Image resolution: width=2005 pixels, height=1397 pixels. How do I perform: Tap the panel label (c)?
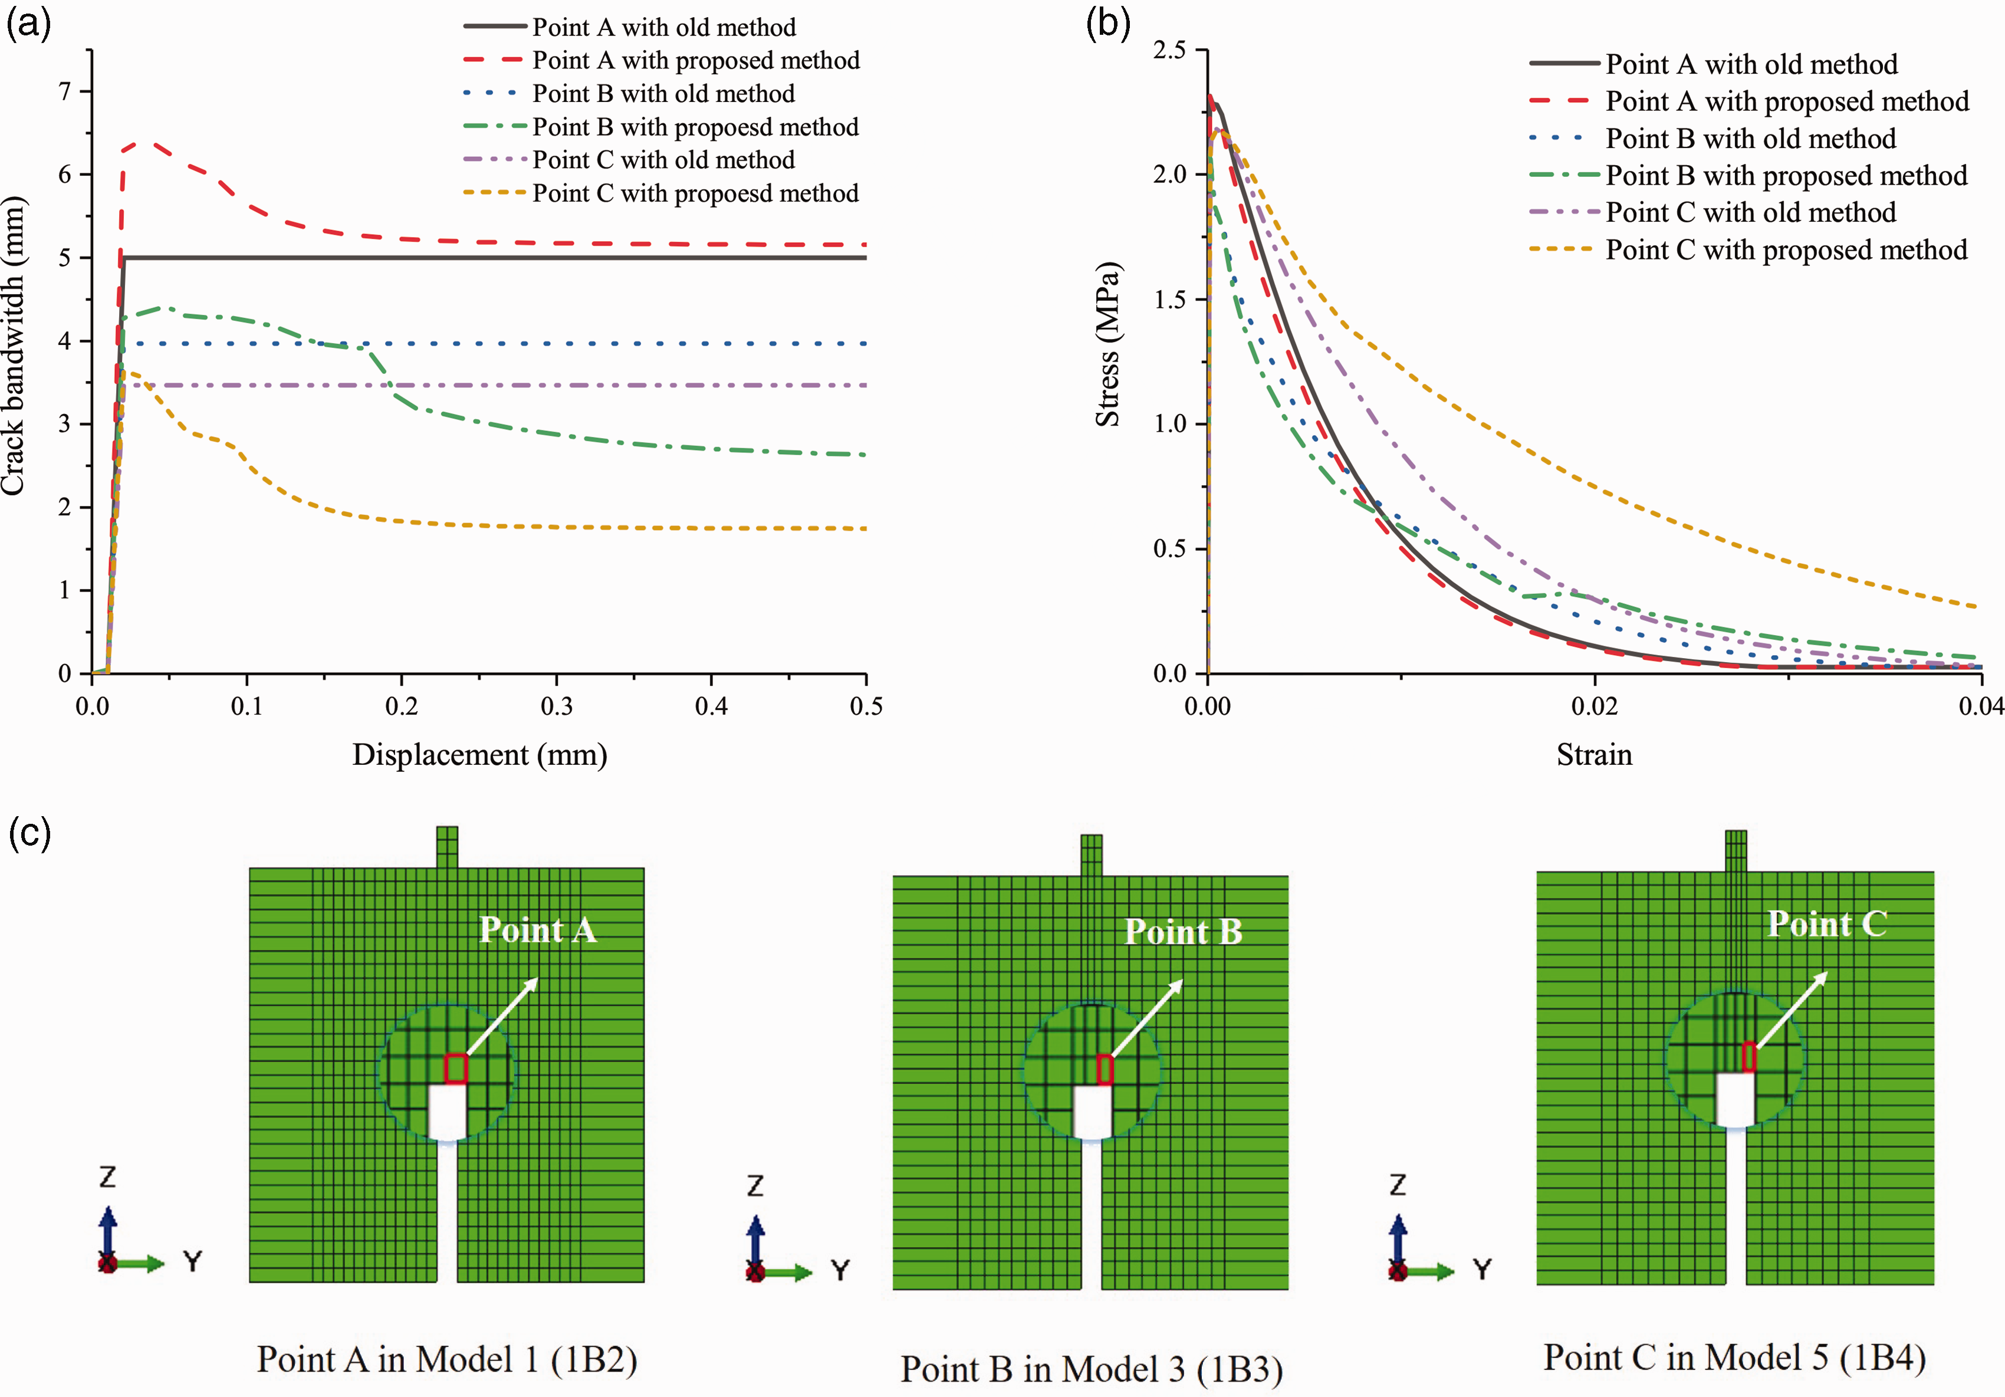click(29, 833)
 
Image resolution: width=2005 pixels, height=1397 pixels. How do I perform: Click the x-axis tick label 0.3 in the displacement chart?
click(556, 705)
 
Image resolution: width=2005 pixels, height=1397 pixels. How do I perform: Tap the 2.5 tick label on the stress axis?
click(1169, 50)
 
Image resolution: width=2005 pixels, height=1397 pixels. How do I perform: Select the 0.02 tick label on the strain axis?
click(1595, 705)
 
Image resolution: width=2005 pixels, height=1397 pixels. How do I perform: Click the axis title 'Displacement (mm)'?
click(479, 754)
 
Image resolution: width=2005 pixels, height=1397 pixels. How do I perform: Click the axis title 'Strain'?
click(1595, 754)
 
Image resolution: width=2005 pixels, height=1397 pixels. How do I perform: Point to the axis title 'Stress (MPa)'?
click(1107, 344)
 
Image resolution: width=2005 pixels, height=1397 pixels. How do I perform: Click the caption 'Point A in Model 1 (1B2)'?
click(447, 1359)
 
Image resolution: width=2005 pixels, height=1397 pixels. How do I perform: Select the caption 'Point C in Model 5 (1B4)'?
click(1734, 1357)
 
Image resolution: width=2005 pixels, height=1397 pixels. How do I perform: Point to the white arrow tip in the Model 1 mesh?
click(538, 979)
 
